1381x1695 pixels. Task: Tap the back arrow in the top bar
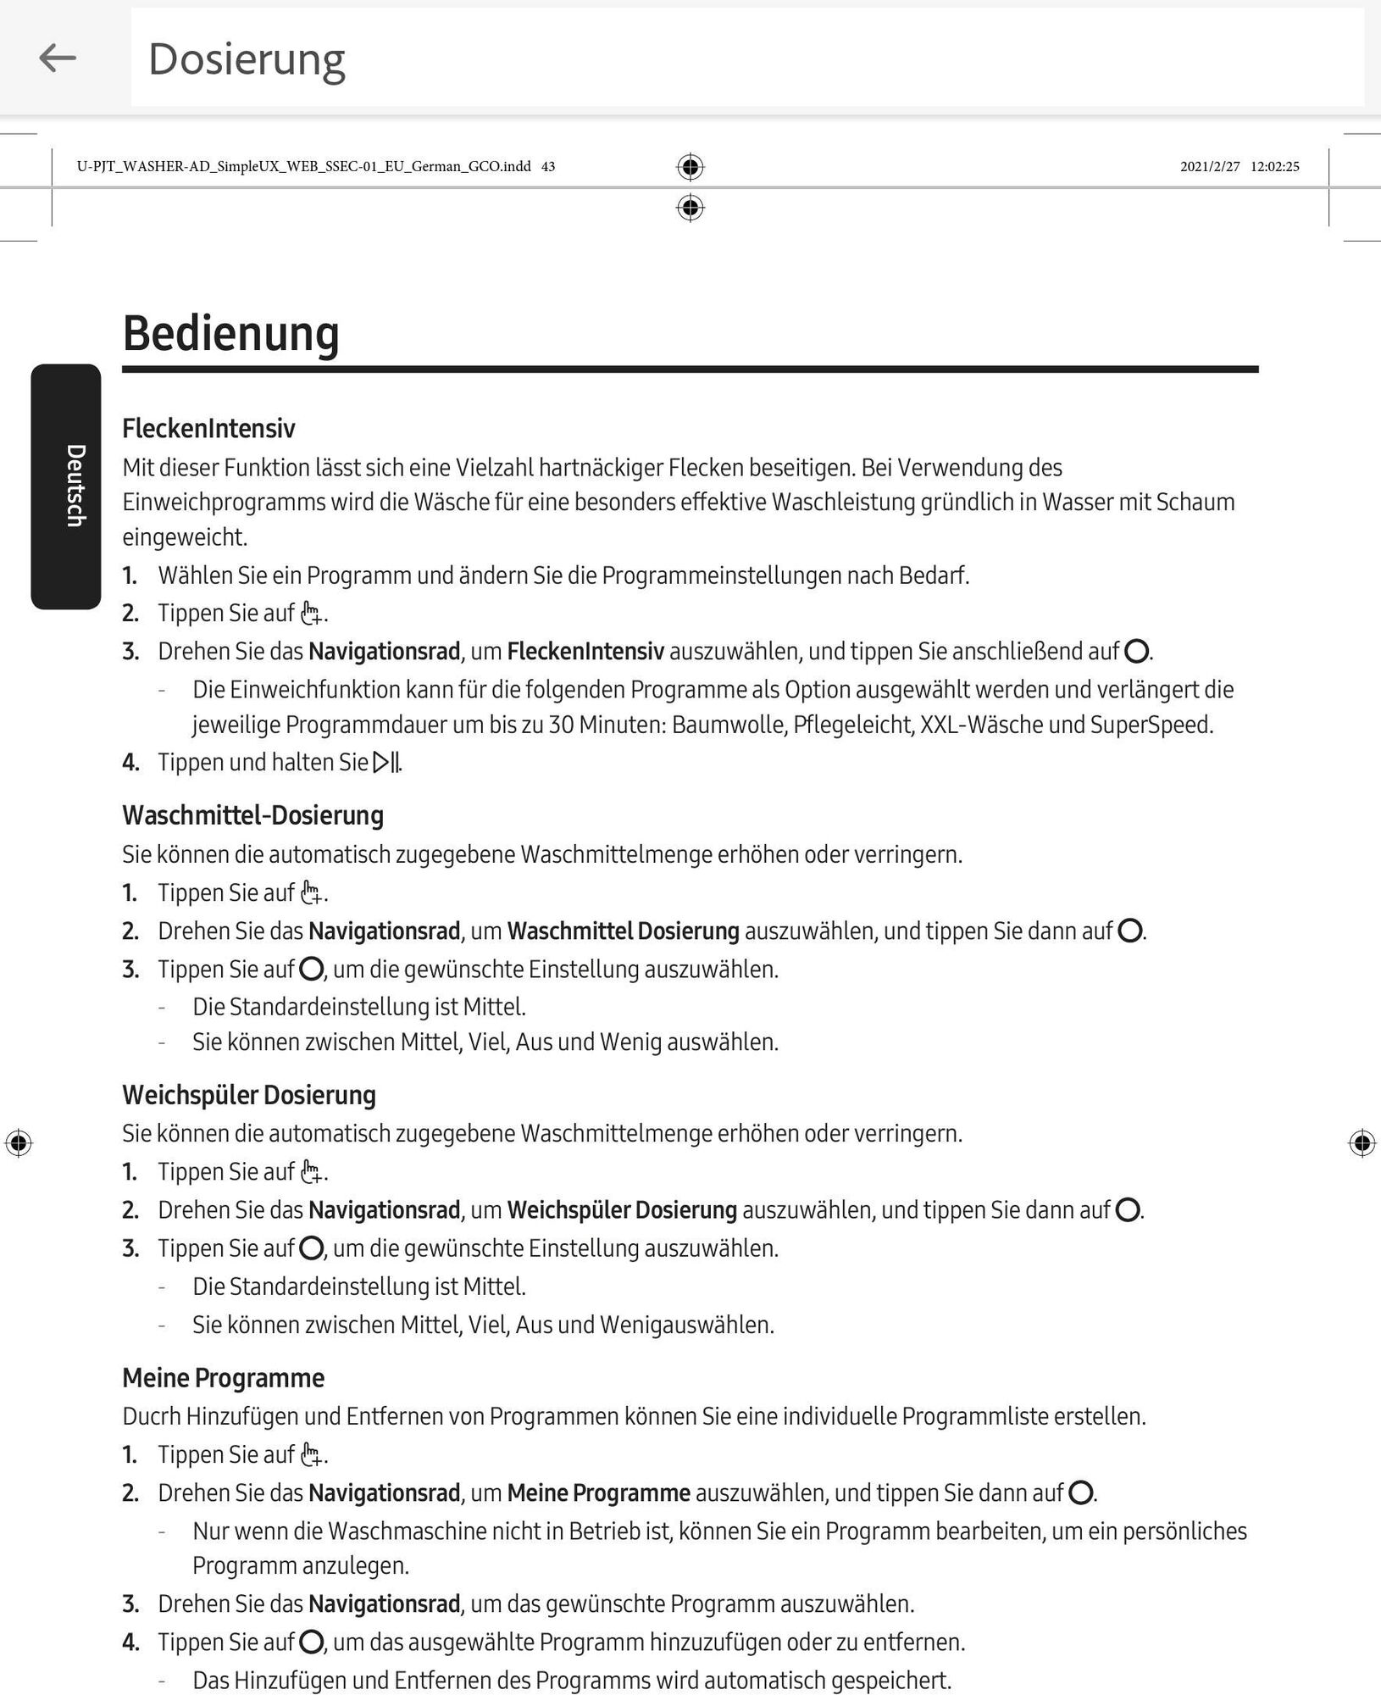(58, 58)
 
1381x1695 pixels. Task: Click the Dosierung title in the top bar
(247, 59)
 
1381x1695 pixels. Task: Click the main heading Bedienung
(230, 333)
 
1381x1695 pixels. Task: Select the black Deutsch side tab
(66, 486)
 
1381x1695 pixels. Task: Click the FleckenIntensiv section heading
(208, 429)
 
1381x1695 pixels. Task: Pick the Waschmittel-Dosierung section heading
(252, 815)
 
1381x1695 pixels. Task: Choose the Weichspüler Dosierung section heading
(249, 1095)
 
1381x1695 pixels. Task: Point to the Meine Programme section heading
(223, 1378)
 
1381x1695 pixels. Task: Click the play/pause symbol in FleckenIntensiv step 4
(386, 763)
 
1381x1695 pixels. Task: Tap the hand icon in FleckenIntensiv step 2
(312, 614)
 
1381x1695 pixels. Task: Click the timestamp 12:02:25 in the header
(1274, 167)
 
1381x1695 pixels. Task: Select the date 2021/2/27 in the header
(1210, 167)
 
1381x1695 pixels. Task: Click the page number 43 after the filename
(548, 167)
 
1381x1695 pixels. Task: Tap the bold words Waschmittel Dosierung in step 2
(623, 931)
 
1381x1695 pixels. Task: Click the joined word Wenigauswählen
(686, 1325)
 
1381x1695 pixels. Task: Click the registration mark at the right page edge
(1362, 1143)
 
